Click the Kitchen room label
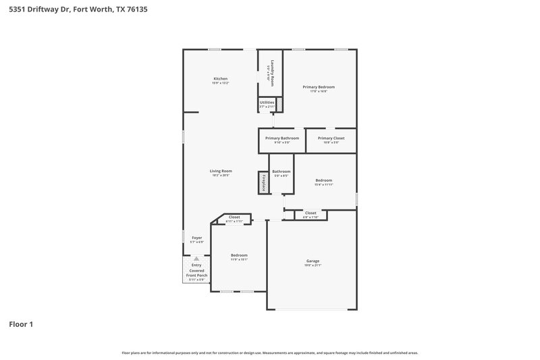pyautogui.click(x=220, y=78)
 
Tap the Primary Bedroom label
pyautogui.click(x=319, y=87)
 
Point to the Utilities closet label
pyautogui.click(x=267, y=102)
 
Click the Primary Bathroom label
pyautogui.click(x=281, y=138)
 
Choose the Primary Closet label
pyautogui.click(x=331, y=138)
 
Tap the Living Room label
pyautogui.click(x=221, y=171)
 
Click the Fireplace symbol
pyautogui.click(x=262, y=183)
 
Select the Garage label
pyautogui.click(x=313, y=261)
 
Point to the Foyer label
pyautogui.click(x=196, y=238)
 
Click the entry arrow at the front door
pyautogui.click(x=196, y=258)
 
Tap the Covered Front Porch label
pyautogui.click(x=196, y=273)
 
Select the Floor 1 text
pyautogui.click(x=21, y=324)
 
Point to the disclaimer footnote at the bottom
pyautogui.click(x=269, y=353)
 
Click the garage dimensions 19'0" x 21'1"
pyautogui.click(x=313, y=265)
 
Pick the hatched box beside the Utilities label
pyautogui.click(x=279, y=104)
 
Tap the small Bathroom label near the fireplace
pyautogui.click(x=281, y=172)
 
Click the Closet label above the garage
pyautogui.click(x=310, y=213)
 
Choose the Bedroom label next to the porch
pyautogui.click(x=239, y=255)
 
